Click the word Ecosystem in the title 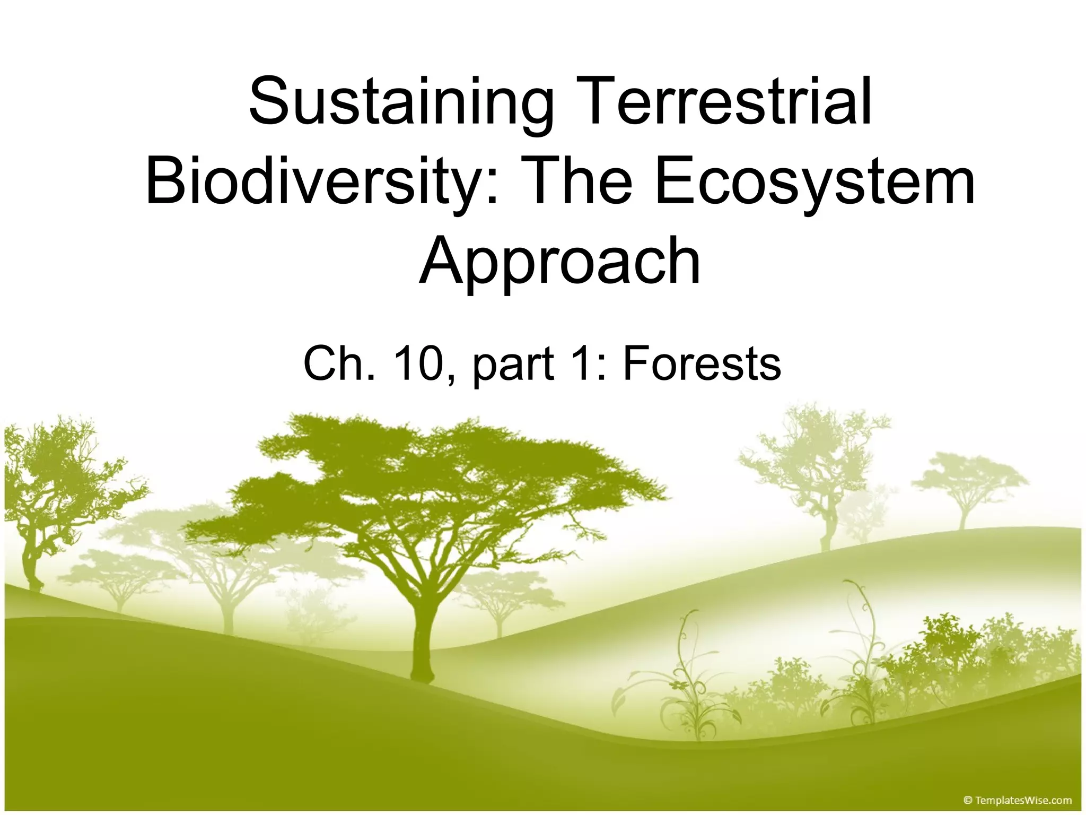(814, 180)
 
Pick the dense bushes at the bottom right (981, 663)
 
